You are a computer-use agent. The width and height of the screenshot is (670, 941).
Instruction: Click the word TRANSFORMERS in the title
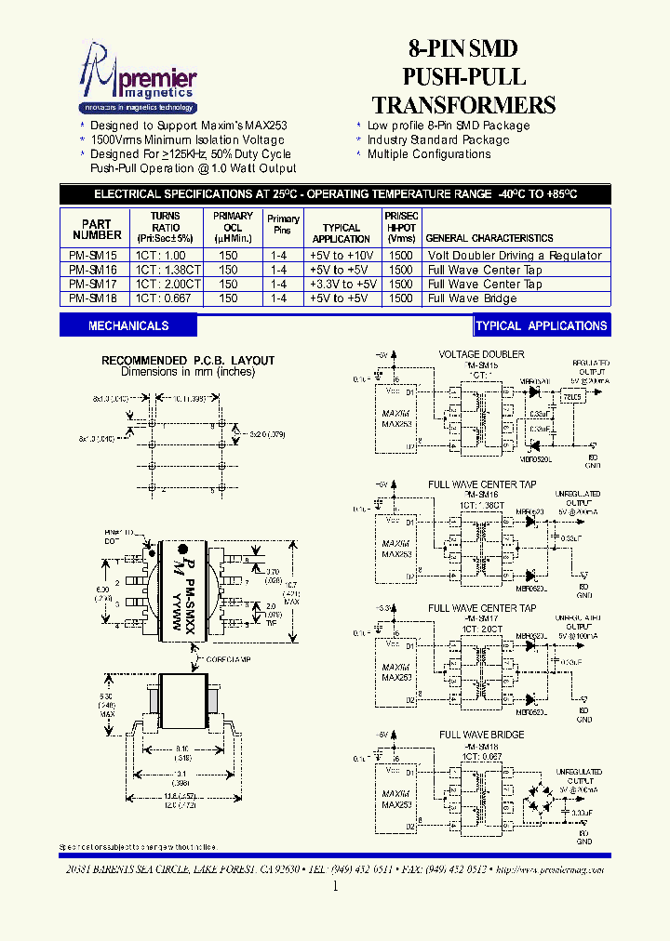[463, 105]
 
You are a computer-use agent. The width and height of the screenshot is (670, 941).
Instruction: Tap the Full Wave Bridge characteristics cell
[473, 298]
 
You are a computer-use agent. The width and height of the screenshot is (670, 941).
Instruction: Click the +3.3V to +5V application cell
[342, 285]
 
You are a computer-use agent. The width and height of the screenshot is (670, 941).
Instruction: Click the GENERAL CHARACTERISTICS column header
[489, 238]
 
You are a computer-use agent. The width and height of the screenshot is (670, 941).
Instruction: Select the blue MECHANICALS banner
[128, 325]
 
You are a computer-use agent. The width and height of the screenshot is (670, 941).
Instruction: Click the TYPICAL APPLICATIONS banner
[541, 325]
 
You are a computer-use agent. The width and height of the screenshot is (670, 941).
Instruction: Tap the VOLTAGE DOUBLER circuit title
[481, 354]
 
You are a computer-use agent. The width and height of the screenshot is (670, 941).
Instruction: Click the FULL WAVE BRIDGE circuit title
[481, 735]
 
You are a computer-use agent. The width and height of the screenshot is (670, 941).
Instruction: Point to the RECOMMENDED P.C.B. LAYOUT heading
[188, 361]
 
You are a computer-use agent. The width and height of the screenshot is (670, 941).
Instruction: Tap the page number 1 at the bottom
[335, 887]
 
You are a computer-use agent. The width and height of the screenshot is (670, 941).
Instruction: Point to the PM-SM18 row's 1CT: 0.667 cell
[166, 298]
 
